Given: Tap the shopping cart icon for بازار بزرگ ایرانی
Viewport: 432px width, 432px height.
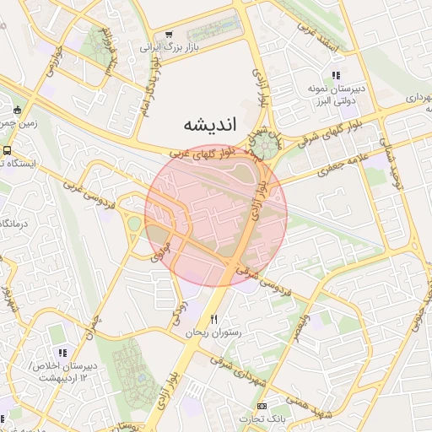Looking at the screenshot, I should (x=170, y=35).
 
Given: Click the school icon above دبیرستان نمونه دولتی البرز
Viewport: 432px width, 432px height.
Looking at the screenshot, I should (x=336, y=76).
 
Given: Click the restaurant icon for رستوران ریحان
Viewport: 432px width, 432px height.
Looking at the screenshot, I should (x=213, y=319).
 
